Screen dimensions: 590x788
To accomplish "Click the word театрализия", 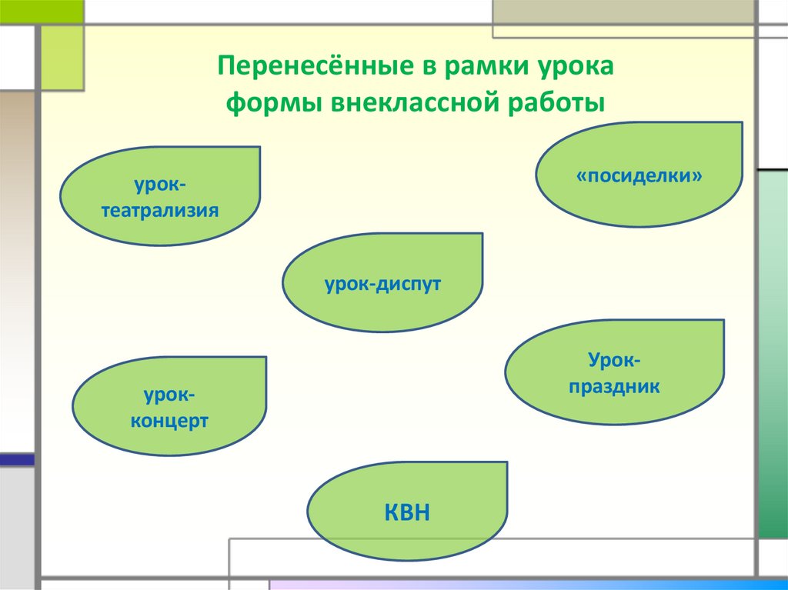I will click(x=160, y=209).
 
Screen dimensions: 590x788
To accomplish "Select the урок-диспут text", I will click(x=382, y=284).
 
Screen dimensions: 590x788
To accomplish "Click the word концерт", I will click(x=169, y=422).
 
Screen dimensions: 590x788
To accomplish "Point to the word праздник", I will click(x=614, y=386).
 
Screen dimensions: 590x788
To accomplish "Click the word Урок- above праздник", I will click(x=614, y=359).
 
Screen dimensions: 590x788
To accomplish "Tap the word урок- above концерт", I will click(x=169, y=395).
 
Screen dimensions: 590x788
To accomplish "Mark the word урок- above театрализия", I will click(x=160, y=185).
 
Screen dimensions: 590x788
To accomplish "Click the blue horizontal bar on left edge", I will click(x=17, y=460).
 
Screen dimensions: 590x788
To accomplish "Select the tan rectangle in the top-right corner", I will click(x=623, y=12).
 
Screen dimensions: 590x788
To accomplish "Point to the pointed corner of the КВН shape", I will click(x=506, y=463).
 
